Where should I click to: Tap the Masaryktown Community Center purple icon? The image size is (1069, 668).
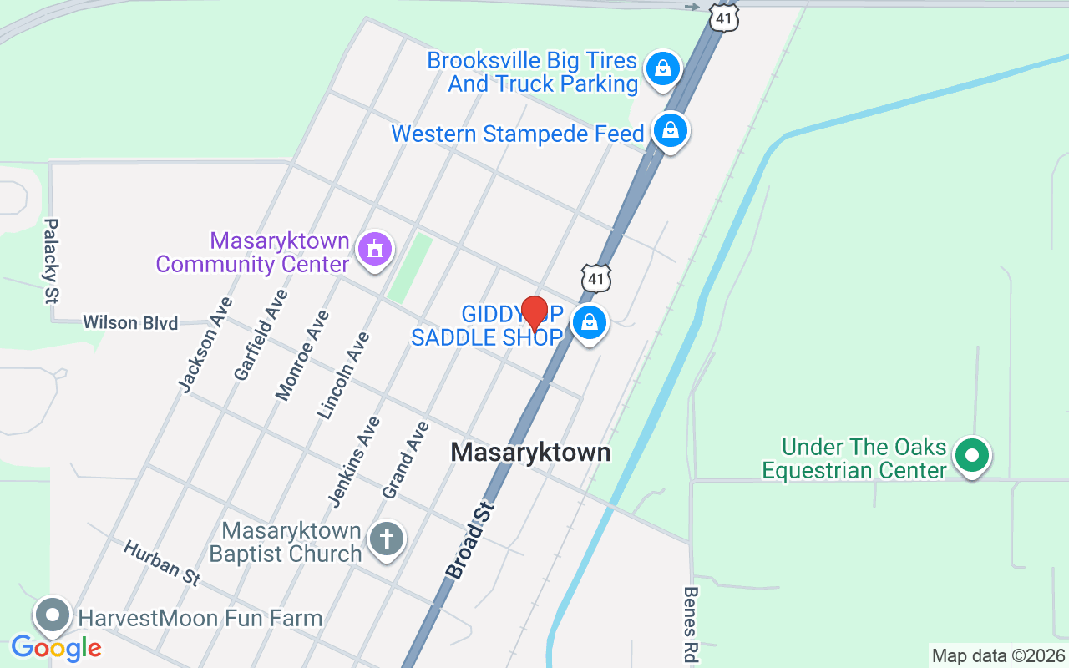[375, 249]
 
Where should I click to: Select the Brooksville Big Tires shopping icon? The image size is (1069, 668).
[662, 68]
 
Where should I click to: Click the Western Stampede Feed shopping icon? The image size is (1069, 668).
[670, 130]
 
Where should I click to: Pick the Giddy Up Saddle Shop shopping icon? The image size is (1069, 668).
[590, 321]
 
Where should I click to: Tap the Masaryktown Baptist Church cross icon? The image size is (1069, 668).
[386, 539]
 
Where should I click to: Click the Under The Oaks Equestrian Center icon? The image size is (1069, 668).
[972, 456]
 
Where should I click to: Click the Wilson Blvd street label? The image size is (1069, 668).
[130, 322]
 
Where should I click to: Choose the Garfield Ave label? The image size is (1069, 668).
[261, 335]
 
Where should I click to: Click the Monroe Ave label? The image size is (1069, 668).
[302, 355]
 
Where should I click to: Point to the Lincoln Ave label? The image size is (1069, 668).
[343, 375]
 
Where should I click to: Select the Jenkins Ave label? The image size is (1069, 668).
[355, 461]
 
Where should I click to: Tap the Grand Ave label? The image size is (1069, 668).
[406, 460]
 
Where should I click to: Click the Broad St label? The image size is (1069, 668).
[471, 540]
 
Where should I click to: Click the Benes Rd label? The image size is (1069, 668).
[691, 625]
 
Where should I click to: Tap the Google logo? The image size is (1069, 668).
[56, 648]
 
